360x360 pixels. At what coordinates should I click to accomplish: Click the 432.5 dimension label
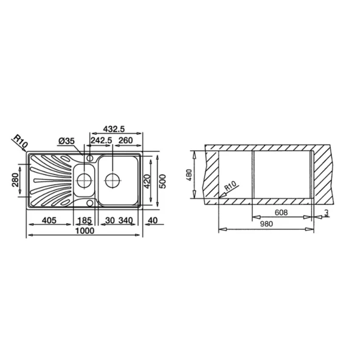point(114,129)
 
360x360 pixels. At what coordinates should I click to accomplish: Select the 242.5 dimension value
point(101,140)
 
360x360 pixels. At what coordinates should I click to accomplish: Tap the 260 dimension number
point(126,140)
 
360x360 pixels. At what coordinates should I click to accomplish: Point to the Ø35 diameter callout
point(66,141)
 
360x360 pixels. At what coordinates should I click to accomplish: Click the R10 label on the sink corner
point(21,141)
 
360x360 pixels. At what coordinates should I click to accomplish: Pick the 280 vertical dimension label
point(15,180)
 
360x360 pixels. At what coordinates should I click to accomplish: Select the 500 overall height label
point(162,181)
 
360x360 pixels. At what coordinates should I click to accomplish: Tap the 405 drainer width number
point(49,220)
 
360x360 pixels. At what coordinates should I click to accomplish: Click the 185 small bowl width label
point(85,220)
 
